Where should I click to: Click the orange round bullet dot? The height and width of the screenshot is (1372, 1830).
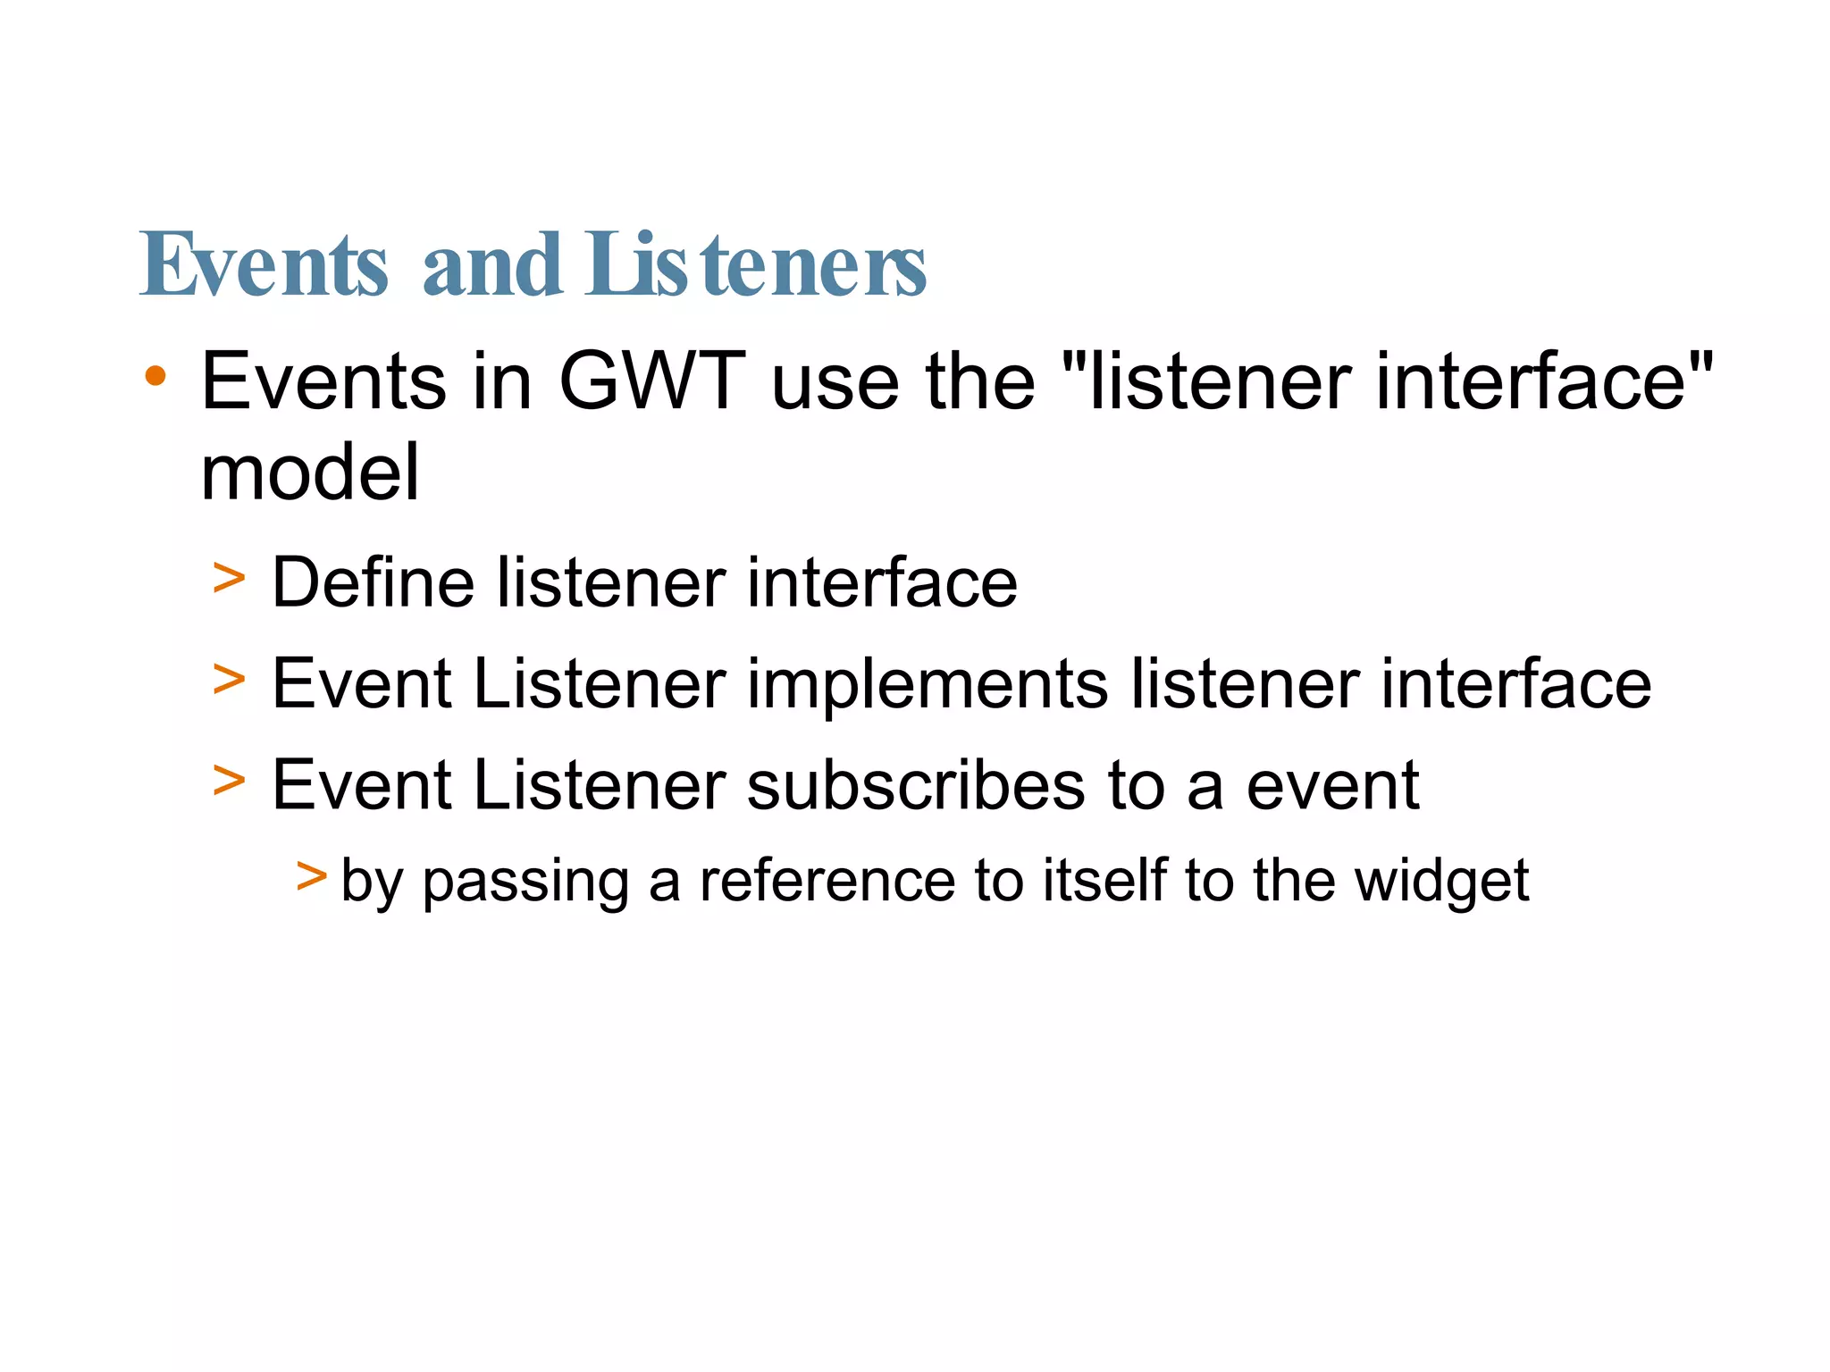155,375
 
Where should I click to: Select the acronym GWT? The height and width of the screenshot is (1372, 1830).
651,382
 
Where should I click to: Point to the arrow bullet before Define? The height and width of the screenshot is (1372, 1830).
229,578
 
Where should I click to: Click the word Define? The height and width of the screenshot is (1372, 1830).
373,583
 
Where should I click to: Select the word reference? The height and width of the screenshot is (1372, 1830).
827,881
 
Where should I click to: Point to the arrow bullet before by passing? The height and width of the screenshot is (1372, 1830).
311,875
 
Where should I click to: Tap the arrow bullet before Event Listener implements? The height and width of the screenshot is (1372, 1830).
229,680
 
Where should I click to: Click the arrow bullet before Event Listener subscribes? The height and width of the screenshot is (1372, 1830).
229,781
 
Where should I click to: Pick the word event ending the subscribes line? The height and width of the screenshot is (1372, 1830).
1332,786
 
